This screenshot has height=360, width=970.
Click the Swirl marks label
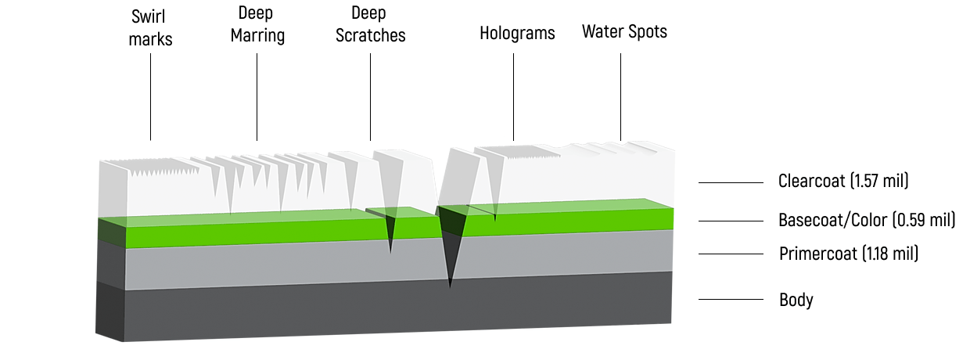pos(150,27)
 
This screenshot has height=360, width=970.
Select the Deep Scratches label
pos(371,24)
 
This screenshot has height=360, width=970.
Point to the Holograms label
pos(517,33)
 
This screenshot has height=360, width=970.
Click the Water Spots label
pos(624,32)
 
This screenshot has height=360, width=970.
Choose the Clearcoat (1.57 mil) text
pos(843,182)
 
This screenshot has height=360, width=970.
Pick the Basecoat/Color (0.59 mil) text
pos(867,220)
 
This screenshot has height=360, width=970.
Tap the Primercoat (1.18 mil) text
pos(849,254)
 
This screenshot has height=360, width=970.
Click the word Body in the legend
pos(796,300)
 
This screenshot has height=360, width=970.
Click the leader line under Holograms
pos(514,98)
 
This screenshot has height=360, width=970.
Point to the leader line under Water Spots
pos(621,98)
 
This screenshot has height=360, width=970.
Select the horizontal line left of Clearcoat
pos(731,182)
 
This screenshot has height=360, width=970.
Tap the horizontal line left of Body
pos(731,300)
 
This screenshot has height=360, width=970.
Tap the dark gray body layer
pos(391,313)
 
